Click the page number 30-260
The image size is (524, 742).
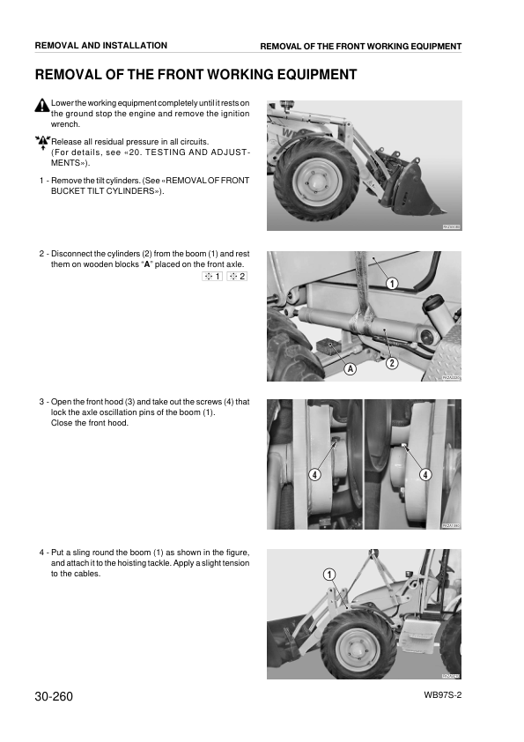54,696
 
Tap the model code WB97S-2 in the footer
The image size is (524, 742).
443,695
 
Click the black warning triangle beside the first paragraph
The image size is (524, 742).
42,105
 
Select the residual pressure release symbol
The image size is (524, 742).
42,142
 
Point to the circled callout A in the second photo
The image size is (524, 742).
350,368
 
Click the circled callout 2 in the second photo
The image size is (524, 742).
392,363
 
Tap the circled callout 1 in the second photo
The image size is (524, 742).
392,284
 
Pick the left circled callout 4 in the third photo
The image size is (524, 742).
315,475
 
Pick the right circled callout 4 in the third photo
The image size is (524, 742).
425,475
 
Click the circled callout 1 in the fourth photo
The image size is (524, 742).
329,575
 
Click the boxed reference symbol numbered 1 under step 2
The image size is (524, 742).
212,277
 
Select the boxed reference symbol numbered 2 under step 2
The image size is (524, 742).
237,277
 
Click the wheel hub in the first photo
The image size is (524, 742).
313,180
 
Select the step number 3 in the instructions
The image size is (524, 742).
41,402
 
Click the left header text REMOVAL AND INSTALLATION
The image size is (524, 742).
101,46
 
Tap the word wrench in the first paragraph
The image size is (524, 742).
65,124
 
